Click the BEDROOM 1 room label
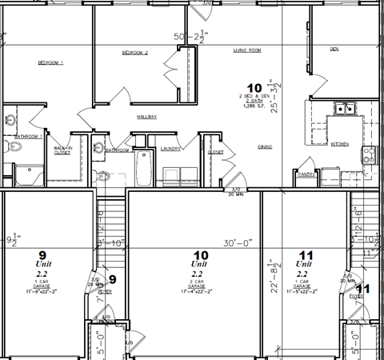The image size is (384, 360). pyautogui.click(x=50, y=62)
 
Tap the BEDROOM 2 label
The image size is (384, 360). pyautogui.click(x=134, y=53)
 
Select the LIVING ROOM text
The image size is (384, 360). pyautogui.click(x=247, y=50)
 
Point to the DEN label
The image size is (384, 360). pyautogui.click(x=334, y=49)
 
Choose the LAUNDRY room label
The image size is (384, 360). pyautogui.click(x=170, y=148)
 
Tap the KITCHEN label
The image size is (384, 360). pyautogui.click(x=340, y=144)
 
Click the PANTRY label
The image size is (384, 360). pyautogui.click(x=304, y=174)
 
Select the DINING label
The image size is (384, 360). pyautogui.click(x=265, y=146)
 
